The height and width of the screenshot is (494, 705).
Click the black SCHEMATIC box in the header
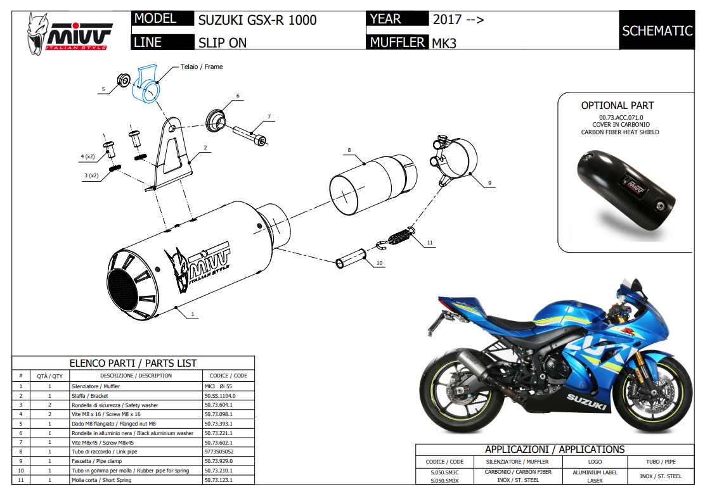pos(657,30)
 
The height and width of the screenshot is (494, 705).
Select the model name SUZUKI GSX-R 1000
pos(257,20)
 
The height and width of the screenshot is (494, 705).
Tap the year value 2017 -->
pos(458,20)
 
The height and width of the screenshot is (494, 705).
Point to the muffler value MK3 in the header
pos(444,43)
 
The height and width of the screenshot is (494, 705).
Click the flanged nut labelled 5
pos(125,80)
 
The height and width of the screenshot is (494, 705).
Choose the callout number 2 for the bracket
pos(205,147)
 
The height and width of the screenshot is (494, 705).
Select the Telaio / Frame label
pos(202,66)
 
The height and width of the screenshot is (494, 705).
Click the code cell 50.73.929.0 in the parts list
pos(219,461)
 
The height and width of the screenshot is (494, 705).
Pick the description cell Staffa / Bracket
pos(90,395)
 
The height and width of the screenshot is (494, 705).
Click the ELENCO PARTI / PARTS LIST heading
pos(133,363)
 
